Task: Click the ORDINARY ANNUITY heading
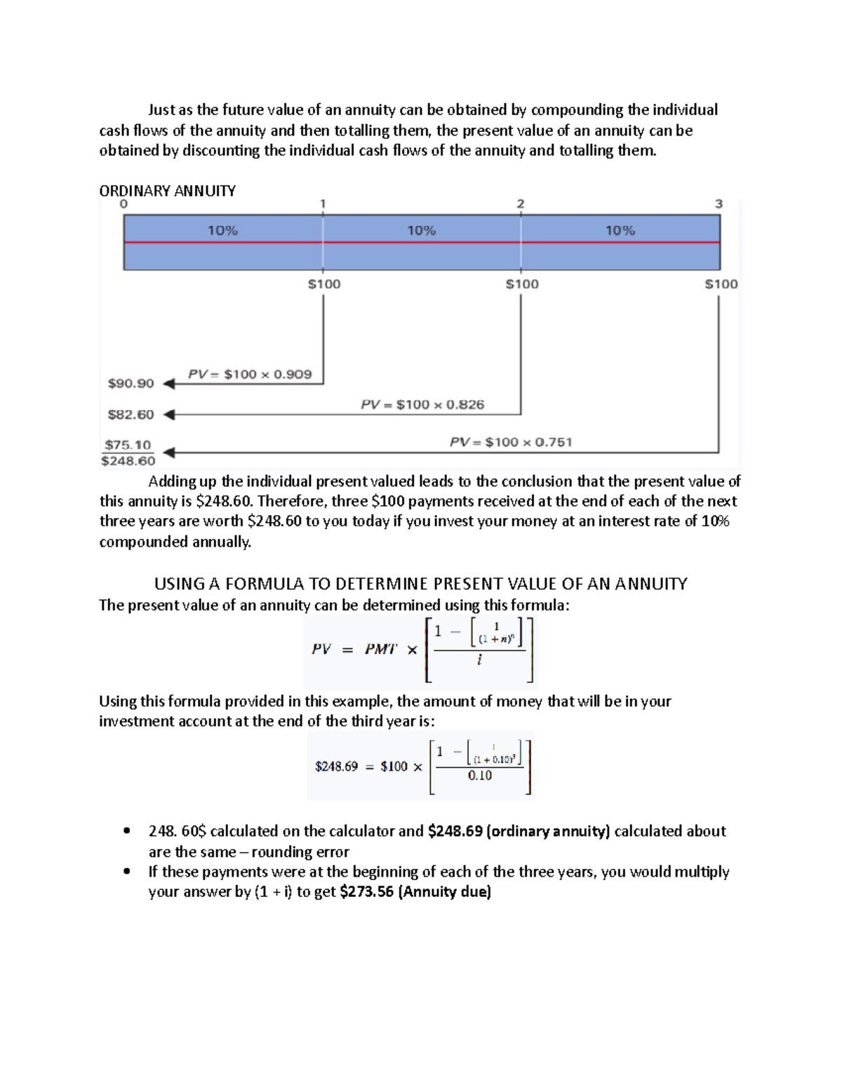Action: click(x=167, y=191)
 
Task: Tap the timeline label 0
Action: click(x=124, y=204)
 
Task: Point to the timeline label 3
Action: click(x=719, y=204)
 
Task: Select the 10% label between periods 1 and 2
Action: click(x=422, y=230)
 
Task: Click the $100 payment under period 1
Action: click(x=324, y=284)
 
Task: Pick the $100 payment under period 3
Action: click(x=721, y=284)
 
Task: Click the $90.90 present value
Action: click(x=131, y=383)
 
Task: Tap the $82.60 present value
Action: click(x=131, y=415)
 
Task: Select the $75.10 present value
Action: click(x=128, y=445)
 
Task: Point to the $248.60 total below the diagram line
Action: click(x=128, y=461)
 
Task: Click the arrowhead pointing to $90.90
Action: click(x=168, y=384)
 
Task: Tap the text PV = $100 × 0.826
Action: click(x=422, y=405)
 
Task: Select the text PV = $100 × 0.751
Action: click(x=511, y=442)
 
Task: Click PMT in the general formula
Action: click(x=380, y=649)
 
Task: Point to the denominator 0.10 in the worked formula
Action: click(x=480, y=776)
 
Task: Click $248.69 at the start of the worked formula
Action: click(x=336, y=766)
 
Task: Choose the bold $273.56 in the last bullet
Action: click(x=366, y=892)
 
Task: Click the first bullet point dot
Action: click(x=127, y=831)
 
